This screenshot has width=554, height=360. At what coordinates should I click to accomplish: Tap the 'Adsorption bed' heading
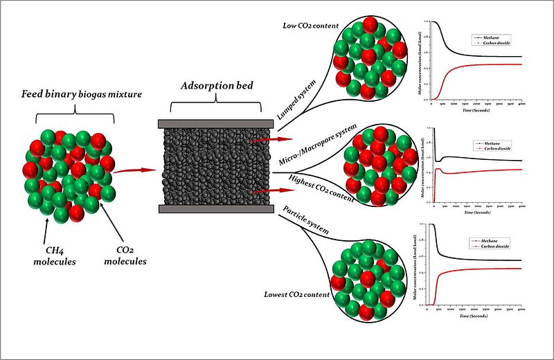(209, 88)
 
